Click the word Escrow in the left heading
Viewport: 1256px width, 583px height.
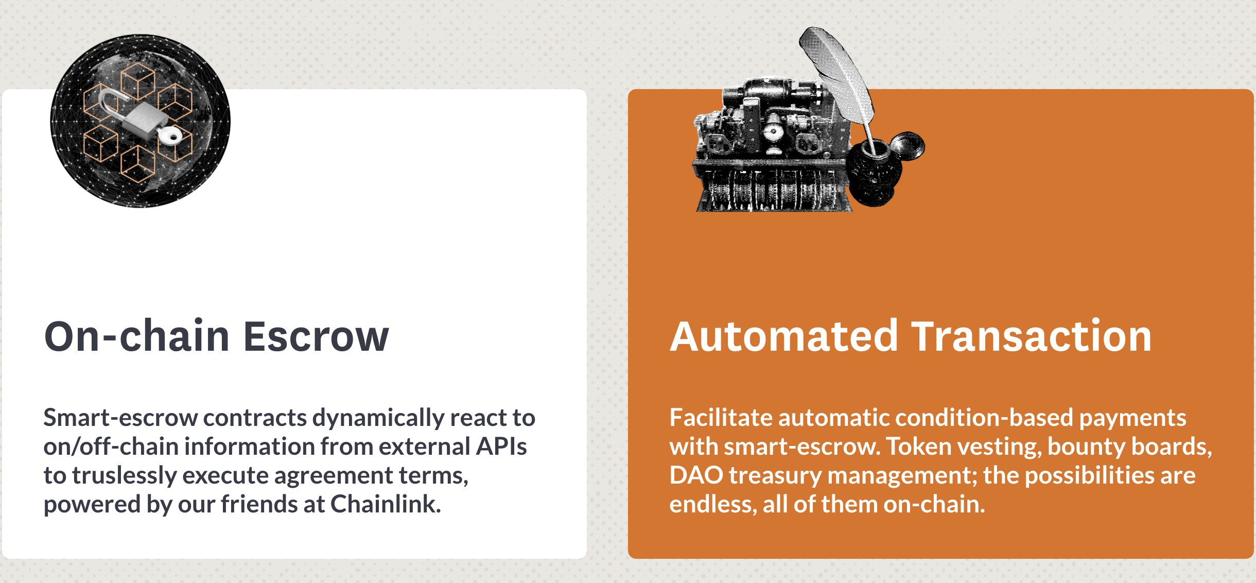316,336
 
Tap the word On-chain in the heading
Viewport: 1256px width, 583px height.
137,336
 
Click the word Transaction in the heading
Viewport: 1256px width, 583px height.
1032,336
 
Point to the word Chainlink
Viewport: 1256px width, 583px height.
386,504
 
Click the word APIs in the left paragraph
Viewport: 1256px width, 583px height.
501,446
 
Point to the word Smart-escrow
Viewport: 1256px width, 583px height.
120,417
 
